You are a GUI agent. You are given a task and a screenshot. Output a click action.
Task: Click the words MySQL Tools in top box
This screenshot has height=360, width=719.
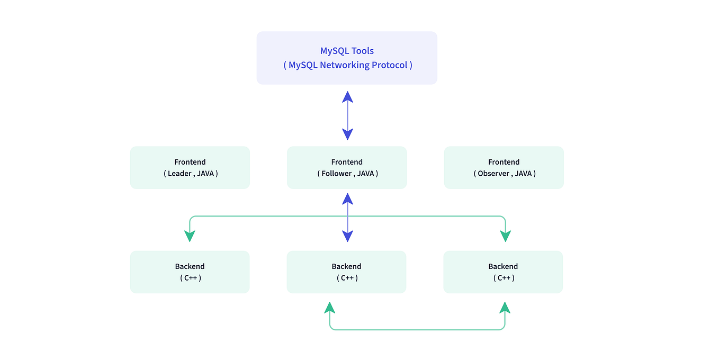pos(347,51)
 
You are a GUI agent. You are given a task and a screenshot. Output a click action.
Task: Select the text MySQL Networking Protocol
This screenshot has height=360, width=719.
pos(348,65)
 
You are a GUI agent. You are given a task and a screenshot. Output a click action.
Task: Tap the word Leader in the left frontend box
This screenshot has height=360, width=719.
pos(179,174)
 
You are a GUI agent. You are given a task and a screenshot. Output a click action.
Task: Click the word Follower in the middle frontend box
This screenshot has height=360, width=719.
pos(337,174)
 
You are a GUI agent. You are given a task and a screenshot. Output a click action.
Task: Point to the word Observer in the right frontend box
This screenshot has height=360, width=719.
pos(493,174)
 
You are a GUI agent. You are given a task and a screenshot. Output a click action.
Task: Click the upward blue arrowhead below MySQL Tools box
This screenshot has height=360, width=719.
pos(347,96)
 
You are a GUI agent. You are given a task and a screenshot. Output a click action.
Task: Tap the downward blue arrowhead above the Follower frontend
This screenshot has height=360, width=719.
pos(347,134)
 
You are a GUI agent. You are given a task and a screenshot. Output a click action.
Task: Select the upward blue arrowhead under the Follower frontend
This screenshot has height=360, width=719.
pos(347,199)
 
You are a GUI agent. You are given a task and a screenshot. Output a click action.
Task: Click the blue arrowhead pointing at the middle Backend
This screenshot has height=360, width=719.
pos(347,236)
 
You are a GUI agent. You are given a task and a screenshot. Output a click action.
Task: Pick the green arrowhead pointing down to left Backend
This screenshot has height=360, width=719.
pos(190,236)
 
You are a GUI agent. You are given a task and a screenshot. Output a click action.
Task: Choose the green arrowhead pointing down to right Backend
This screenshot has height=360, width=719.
pos(505,236)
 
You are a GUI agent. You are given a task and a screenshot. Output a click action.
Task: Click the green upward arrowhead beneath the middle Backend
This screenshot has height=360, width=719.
pos(330,308)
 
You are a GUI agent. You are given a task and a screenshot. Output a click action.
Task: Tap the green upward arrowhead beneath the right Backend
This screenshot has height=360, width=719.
pos(505,308)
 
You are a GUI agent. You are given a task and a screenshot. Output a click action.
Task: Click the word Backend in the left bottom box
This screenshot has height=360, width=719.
pos(190,266)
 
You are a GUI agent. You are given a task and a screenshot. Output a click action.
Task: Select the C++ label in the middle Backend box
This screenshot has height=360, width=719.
pos(347,278)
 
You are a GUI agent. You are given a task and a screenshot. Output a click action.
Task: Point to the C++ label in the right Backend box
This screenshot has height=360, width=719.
pos(504,278)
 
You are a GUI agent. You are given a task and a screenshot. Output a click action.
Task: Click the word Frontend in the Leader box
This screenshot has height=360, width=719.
pos(190,162)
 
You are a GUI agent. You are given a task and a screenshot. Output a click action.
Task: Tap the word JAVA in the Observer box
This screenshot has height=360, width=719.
pos(523,174)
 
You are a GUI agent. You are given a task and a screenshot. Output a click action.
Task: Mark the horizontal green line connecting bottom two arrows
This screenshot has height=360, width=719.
pos(417,330)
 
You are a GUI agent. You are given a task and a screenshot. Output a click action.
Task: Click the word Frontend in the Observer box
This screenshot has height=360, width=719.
pos(504,162)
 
